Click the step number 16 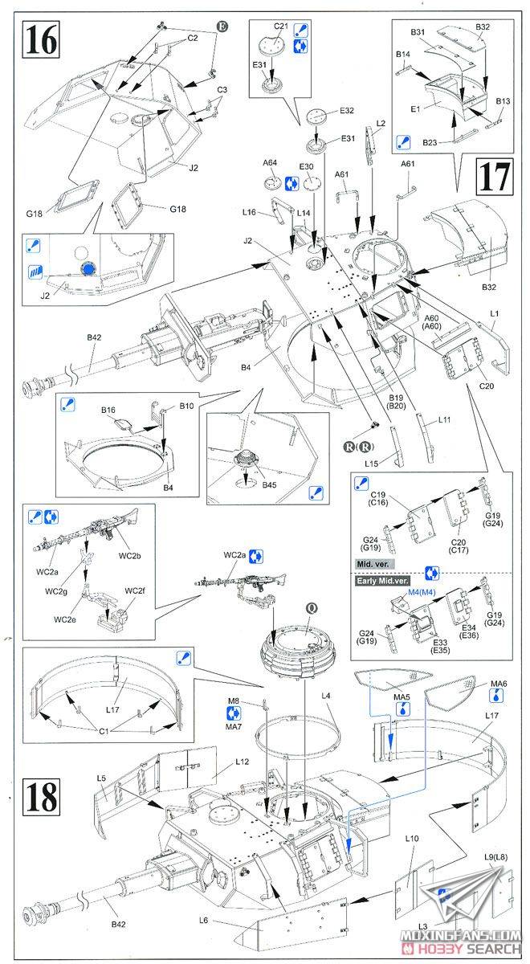[x=42, y=39]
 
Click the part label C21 [x=281, y=26]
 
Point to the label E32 [x=347, y=110]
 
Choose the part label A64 [x=270, y=163]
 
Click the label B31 [x=418, y=32]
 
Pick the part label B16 [x=109, y=411]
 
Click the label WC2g [x=57, y=592]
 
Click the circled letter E [x=222, y=27]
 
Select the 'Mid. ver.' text [x=377, y=565]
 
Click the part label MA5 [x=401, y=696]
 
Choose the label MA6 [x=499, y=684]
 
